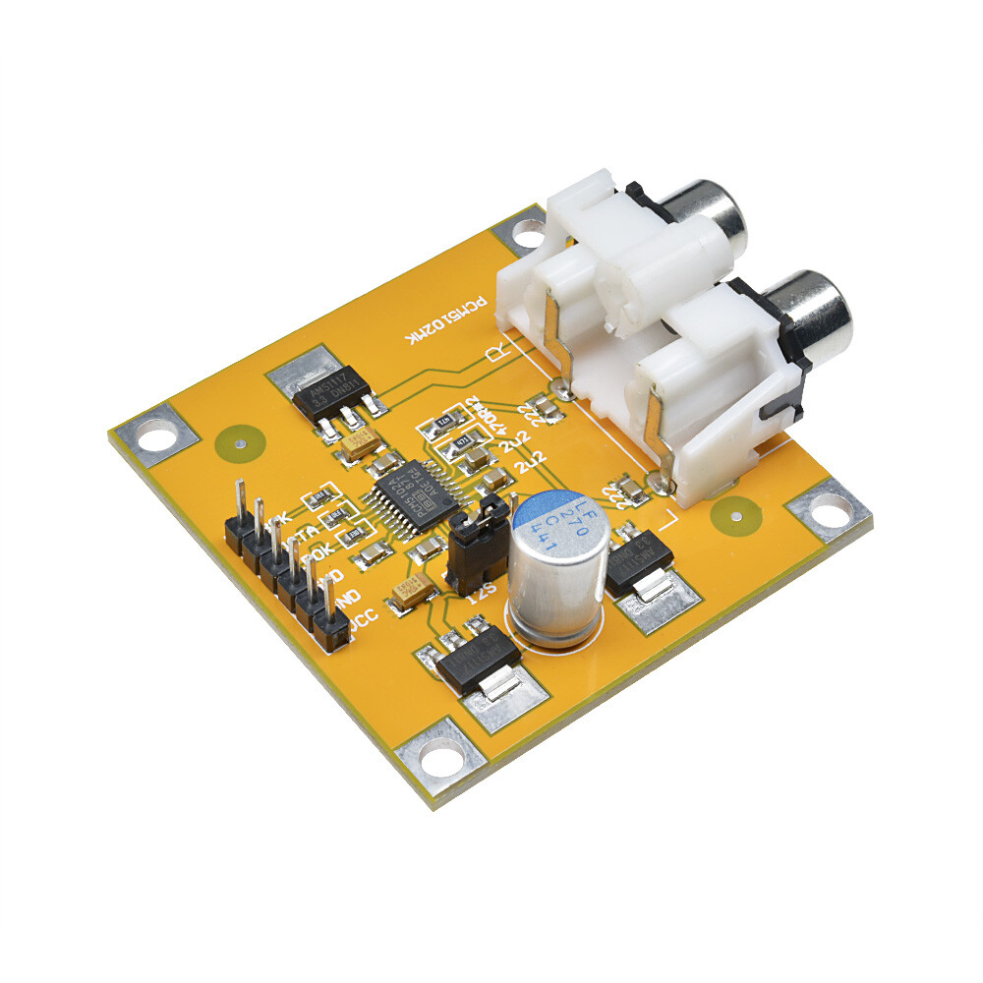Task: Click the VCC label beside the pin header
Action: [x=360, y=621]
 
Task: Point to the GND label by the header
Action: [x=346, y=597]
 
